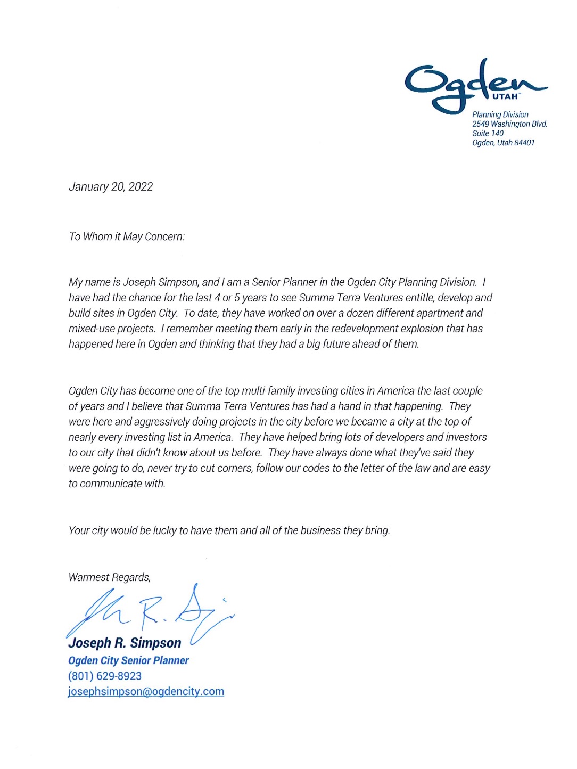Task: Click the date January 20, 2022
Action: (x=111, y=187)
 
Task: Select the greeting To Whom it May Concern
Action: (x=127, y=237)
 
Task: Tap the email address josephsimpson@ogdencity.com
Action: (x=146, y=692)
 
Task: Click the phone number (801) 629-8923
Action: (x=105, y=676)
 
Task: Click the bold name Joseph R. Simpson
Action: (x=125, y=643)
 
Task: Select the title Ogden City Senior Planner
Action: (x=128, y=661)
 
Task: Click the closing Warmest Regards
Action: (x=109, y=578)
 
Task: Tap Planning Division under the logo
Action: (x=500, y=115)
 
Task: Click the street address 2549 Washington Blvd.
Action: (x=509, y=124)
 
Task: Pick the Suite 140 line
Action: (x=488, y=134)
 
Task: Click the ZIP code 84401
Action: (x=524, y=143)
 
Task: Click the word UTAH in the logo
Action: (x=505, y=97)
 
